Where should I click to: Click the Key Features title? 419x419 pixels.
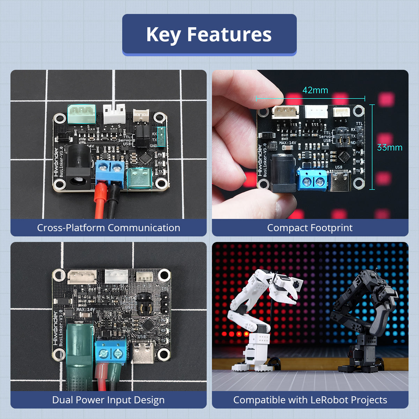click(x=209, y=34)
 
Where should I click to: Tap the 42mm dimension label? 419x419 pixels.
click(x=315, y=90)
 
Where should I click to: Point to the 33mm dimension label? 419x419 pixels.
click(x=390, y=147)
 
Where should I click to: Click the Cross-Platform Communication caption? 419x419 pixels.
click(x=109, y=228)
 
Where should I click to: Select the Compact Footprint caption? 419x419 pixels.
click(x=310, y=228)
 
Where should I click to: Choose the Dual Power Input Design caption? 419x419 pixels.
click(x=108, y=400)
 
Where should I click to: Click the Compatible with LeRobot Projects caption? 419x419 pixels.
click(x=310, y=400)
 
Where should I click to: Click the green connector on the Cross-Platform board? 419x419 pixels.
click(x=81, y=113)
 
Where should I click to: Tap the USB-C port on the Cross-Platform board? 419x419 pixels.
click(x=140, y=178)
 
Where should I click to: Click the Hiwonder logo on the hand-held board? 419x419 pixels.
click(x=260, y=161)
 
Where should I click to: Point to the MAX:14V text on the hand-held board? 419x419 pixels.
click(x=288, y=143)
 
